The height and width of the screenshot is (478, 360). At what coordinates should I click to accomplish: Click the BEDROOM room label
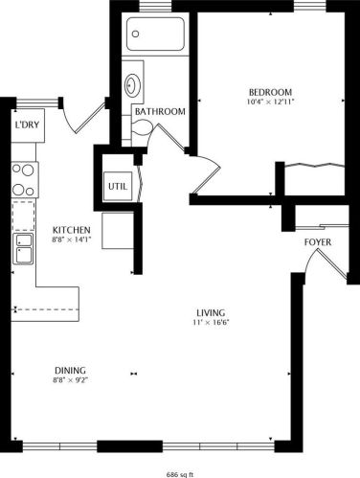click(x=269, y=93)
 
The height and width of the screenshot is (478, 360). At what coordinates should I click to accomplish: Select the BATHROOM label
click(x=159, y=111)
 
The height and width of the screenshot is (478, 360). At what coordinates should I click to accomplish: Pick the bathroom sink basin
click(x=134, y=82)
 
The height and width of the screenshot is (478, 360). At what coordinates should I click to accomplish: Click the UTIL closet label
click(x=117, y=185)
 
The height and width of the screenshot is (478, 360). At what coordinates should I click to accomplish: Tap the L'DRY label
click(x=26, y=125)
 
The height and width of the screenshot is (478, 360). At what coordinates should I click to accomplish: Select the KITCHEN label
click(x=71, y=230)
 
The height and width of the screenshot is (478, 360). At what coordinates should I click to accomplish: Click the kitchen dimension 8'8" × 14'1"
click(x=71, y=240)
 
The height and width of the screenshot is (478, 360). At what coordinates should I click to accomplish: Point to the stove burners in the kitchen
click(x=22, y=179)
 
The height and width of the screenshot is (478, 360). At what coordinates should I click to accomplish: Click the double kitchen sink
click(x=22, y=251)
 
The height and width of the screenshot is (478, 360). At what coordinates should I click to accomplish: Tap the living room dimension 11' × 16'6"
click(x=210, y=322)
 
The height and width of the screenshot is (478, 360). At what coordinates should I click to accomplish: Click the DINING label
click(x=70, y=370)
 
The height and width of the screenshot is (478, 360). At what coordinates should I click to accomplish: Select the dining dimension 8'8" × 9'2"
click(x=70, y=380)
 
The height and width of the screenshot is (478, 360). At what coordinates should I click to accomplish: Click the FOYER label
click(x=318, y=242)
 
